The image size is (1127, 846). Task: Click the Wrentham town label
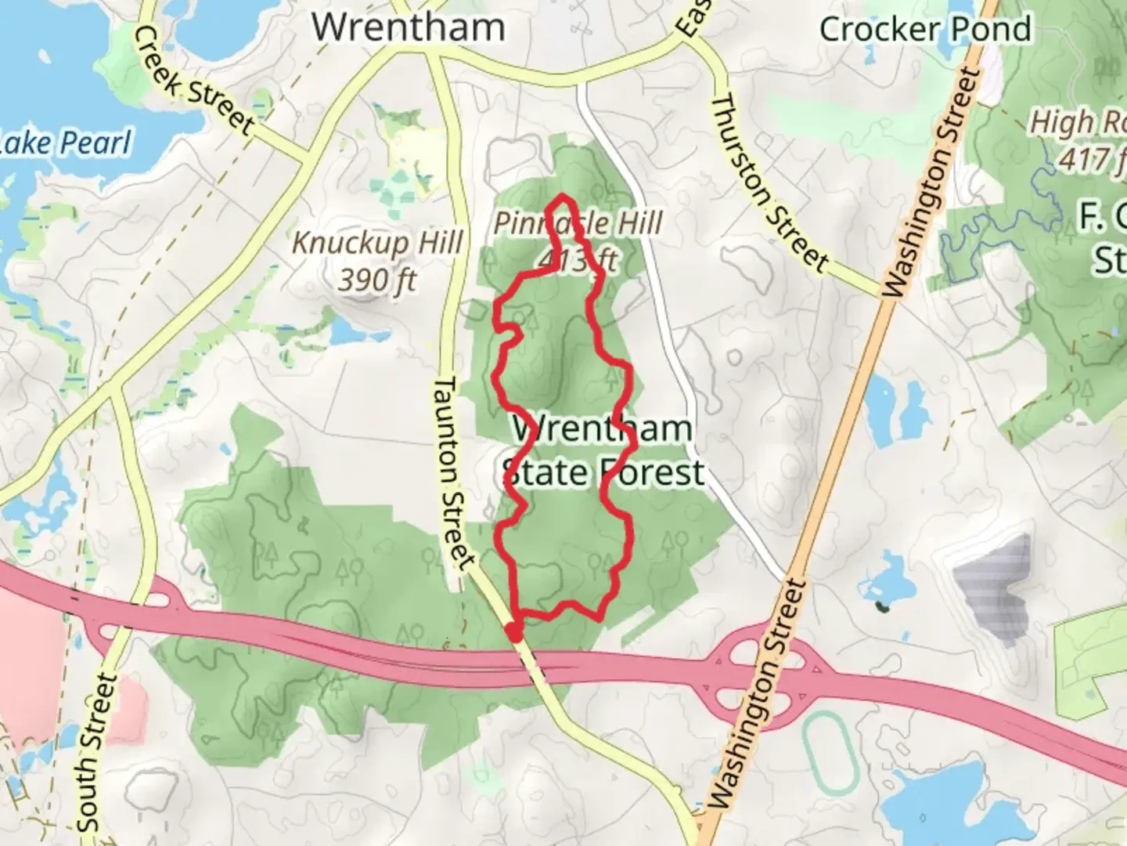(x=408, y=27)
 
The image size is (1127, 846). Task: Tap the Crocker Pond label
(x=925, y=30)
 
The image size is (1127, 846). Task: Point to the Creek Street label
(x=193, y=80)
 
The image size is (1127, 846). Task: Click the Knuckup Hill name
(x=377, y=243)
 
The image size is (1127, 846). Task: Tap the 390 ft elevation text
(x=377, y=279)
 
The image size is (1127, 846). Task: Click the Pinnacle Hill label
(x=578, y=223)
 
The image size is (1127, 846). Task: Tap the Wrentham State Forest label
(x=603, y=451)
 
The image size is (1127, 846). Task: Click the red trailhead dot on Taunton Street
(x=513, y=631)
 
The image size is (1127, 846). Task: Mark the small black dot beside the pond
(x=882, y=606)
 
